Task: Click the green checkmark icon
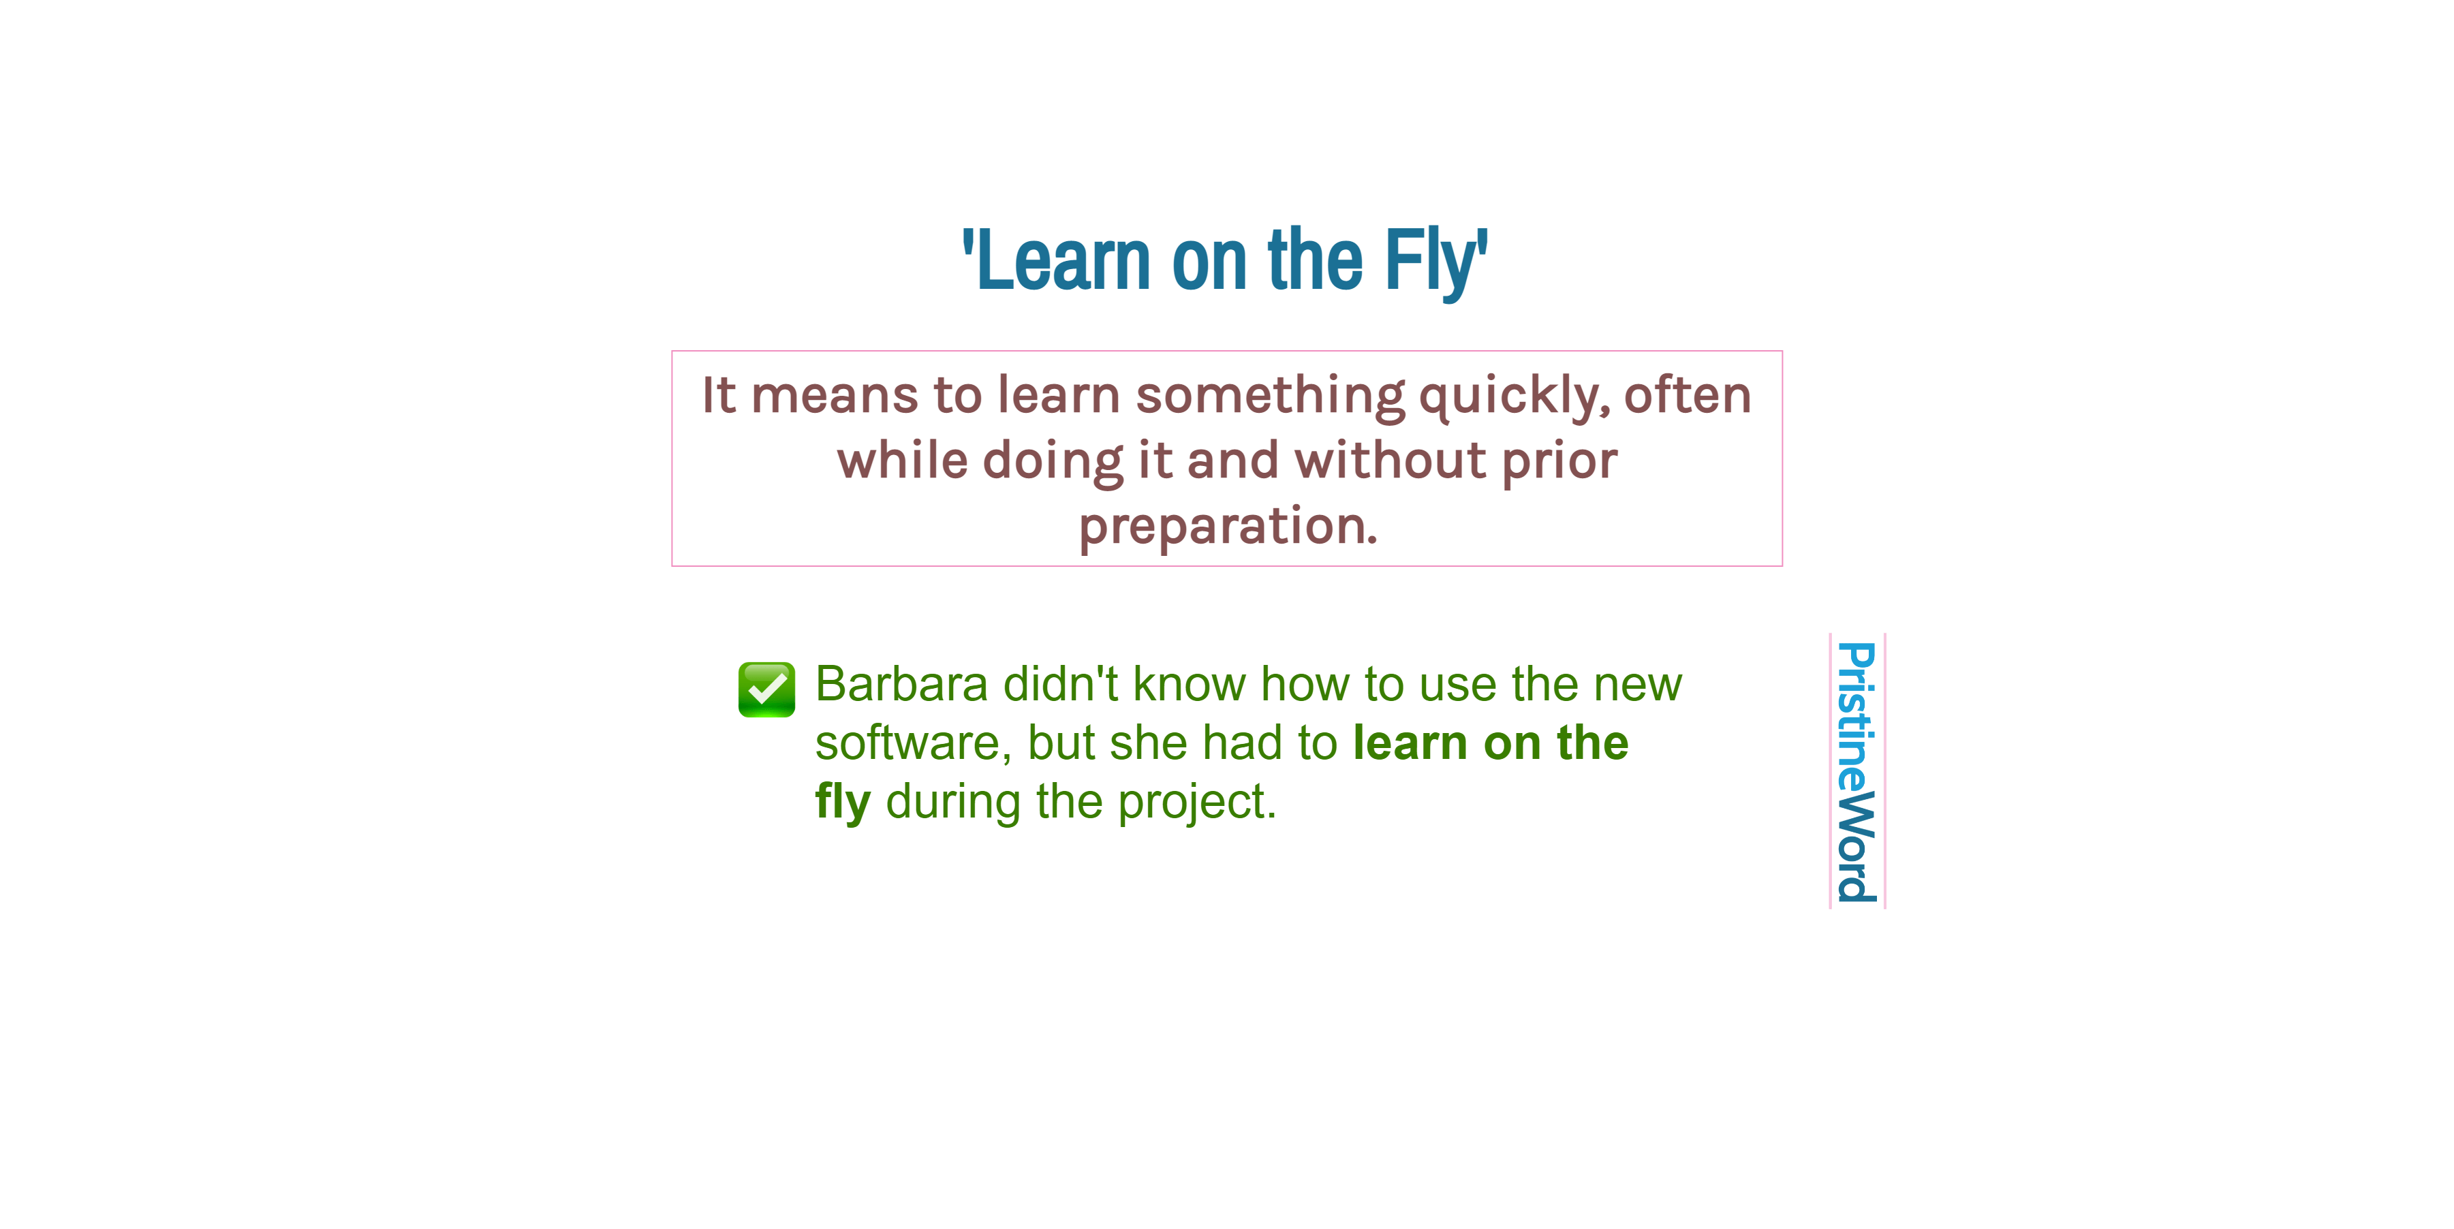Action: click(766, 689)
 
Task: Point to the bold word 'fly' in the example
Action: click(842, 802)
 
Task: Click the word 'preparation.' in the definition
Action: click(1227, 526)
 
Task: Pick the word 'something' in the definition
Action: click(1270, 395)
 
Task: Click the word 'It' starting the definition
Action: click(718, 395)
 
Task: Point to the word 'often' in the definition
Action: click(1687, 395)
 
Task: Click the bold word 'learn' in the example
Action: click(1410, 743)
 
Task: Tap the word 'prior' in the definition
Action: click(1559, 461)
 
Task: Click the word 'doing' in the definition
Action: click(1053, 461)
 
